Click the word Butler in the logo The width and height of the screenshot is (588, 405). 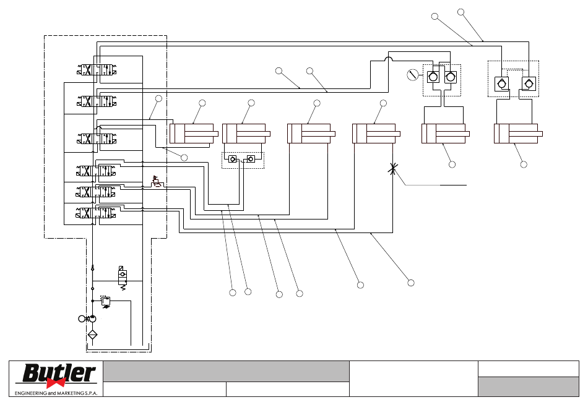(x=59, y=373)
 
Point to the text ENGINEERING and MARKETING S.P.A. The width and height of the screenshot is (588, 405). (x=56, y=393)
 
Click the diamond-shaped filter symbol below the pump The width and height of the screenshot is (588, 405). (x=93, y=335)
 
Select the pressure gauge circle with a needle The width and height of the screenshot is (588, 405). (x=412, y=75)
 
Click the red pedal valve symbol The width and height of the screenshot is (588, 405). (x=157, y=182)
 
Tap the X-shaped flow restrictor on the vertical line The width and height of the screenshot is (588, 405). (x=392, y=169)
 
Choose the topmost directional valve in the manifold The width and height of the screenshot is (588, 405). (x=97, y=70)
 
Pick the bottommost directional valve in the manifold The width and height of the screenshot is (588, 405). (x=95, y=213)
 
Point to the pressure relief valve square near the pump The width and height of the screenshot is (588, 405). (x=106, y=301)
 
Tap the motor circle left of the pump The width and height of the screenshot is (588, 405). (x=82, y=319)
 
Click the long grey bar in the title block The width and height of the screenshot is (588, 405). (x=226, y=371)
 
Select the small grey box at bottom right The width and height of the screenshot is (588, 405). (x=529, y=386)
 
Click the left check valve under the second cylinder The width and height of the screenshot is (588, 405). (x=233, y=160)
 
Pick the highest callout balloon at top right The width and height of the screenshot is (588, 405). (x=461, y=12)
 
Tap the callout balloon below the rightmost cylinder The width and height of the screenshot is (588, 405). (x=524, y=164)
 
